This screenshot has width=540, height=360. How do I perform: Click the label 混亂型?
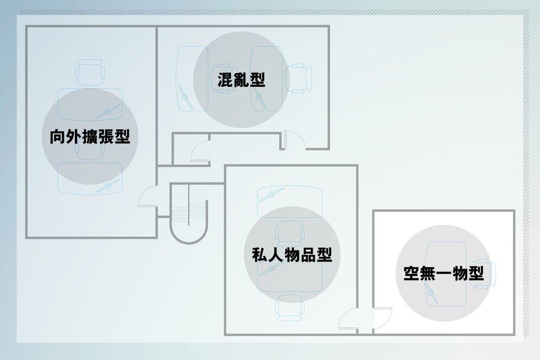241,80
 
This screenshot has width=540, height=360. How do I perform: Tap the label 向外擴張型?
90,137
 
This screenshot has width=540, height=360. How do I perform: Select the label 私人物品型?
292,255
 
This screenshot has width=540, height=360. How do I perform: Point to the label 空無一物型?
443,273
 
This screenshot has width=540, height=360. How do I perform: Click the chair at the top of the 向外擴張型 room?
90,72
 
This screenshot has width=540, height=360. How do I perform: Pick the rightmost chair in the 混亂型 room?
299,78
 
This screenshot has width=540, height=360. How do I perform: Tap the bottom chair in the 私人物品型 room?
290,308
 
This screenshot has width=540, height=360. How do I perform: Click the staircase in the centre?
188,214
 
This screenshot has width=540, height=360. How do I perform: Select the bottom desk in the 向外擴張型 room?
90,178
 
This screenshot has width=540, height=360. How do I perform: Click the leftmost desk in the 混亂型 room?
192,78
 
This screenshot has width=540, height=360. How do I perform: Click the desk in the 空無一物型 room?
446,274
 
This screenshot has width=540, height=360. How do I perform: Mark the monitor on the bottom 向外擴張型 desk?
109,185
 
